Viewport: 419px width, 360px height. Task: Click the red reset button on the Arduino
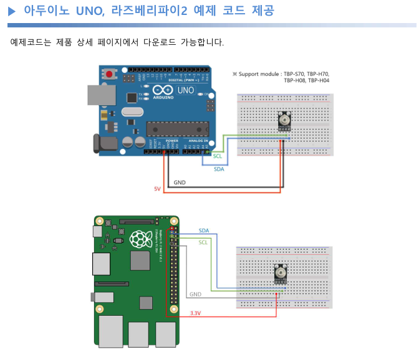(x=110, y=74)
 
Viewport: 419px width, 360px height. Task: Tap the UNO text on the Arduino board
(x=186, y=90)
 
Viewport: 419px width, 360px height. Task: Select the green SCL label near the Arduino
(x=218, y=156)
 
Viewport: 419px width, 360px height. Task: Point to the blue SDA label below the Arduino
(x=219, y=169)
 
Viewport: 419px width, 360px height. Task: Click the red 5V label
(x=157, y=188)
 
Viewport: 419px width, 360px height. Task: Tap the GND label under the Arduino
(x=180, y=182)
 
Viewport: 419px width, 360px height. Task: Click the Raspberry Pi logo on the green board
(x=138, y=237)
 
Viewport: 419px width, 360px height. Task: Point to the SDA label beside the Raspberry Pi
(x=204, y=230)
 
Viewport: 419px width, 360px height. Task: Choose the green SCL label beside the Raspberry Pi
(x=203, y=242)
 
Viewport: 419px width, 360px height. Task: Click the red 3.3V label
(x=195, y=313)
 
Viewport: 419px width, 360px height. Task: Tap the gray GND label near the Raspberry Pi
(x=195, y=294)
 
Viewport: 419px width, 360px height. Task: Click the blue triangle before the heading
(x=11, y=11)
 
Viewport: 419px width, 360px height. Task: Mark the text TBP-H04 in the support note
(x=319, y=80)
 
